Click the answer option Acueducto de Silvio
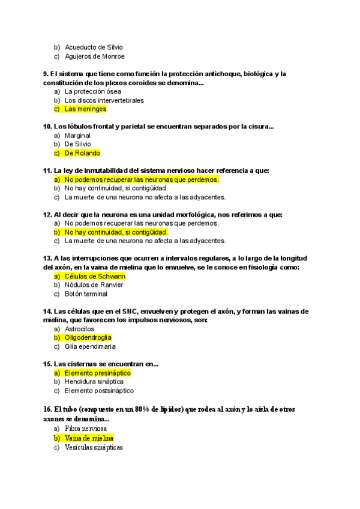pyautogui.click(x=94, y=47)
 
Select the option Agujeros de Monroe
pyautogui.click(x=94, y=56)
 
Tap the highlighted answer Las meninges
pyautogui.click(x=85, y=109)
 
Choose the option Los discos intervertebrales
pyautogui.click(x=104, y=100)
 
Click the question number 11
pyautogui.click(x=47, y=170)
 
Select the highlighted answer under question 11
pyautogui.click(x=142, y=179)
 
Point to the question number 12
pyautogui.click(x=47, y=214)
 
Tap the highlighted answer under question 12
pyautogui.click(x=116, y=232)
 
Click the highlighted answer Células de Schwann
pyautogui.click(x=95, y=276)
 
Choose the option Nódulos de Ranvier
pyautogui.click(x=94, y=285)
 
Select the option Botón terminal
pyautogui.click(x=86, y=294)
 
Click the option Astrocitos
pyautogui.click(x=79, y=329)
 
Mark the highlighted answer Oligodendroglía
pyautogui.click(x=88, y=338)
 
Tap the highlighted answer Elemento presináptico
pyautogui.click(x=97, y=373)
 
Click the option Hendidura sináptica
pyautogui.click(x=94, y=382)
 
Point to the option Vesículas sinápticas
pyautogui.click(x=94, y=448)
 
